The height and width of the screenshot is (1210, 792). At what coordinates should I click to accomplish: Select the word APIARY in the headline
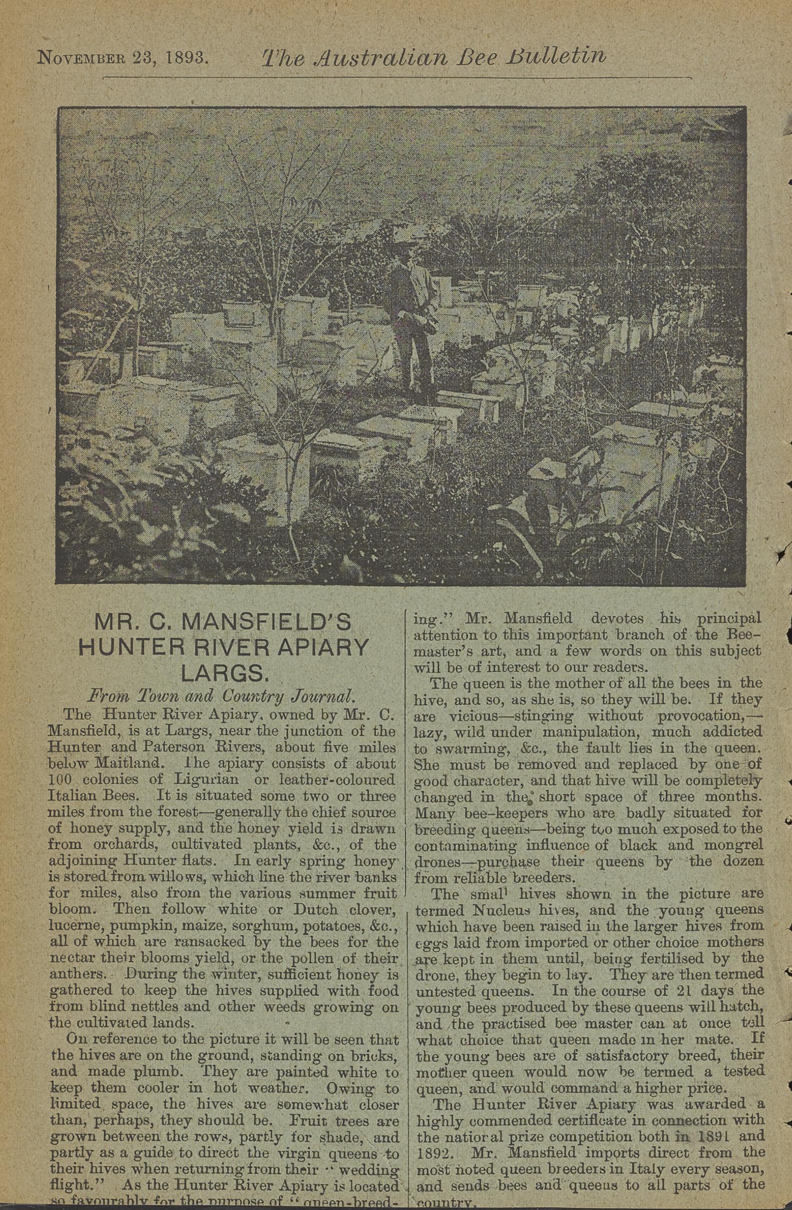[320, 647]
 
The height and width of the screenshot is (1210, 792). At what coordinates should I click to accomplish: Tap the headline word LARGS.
[224, 673]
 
